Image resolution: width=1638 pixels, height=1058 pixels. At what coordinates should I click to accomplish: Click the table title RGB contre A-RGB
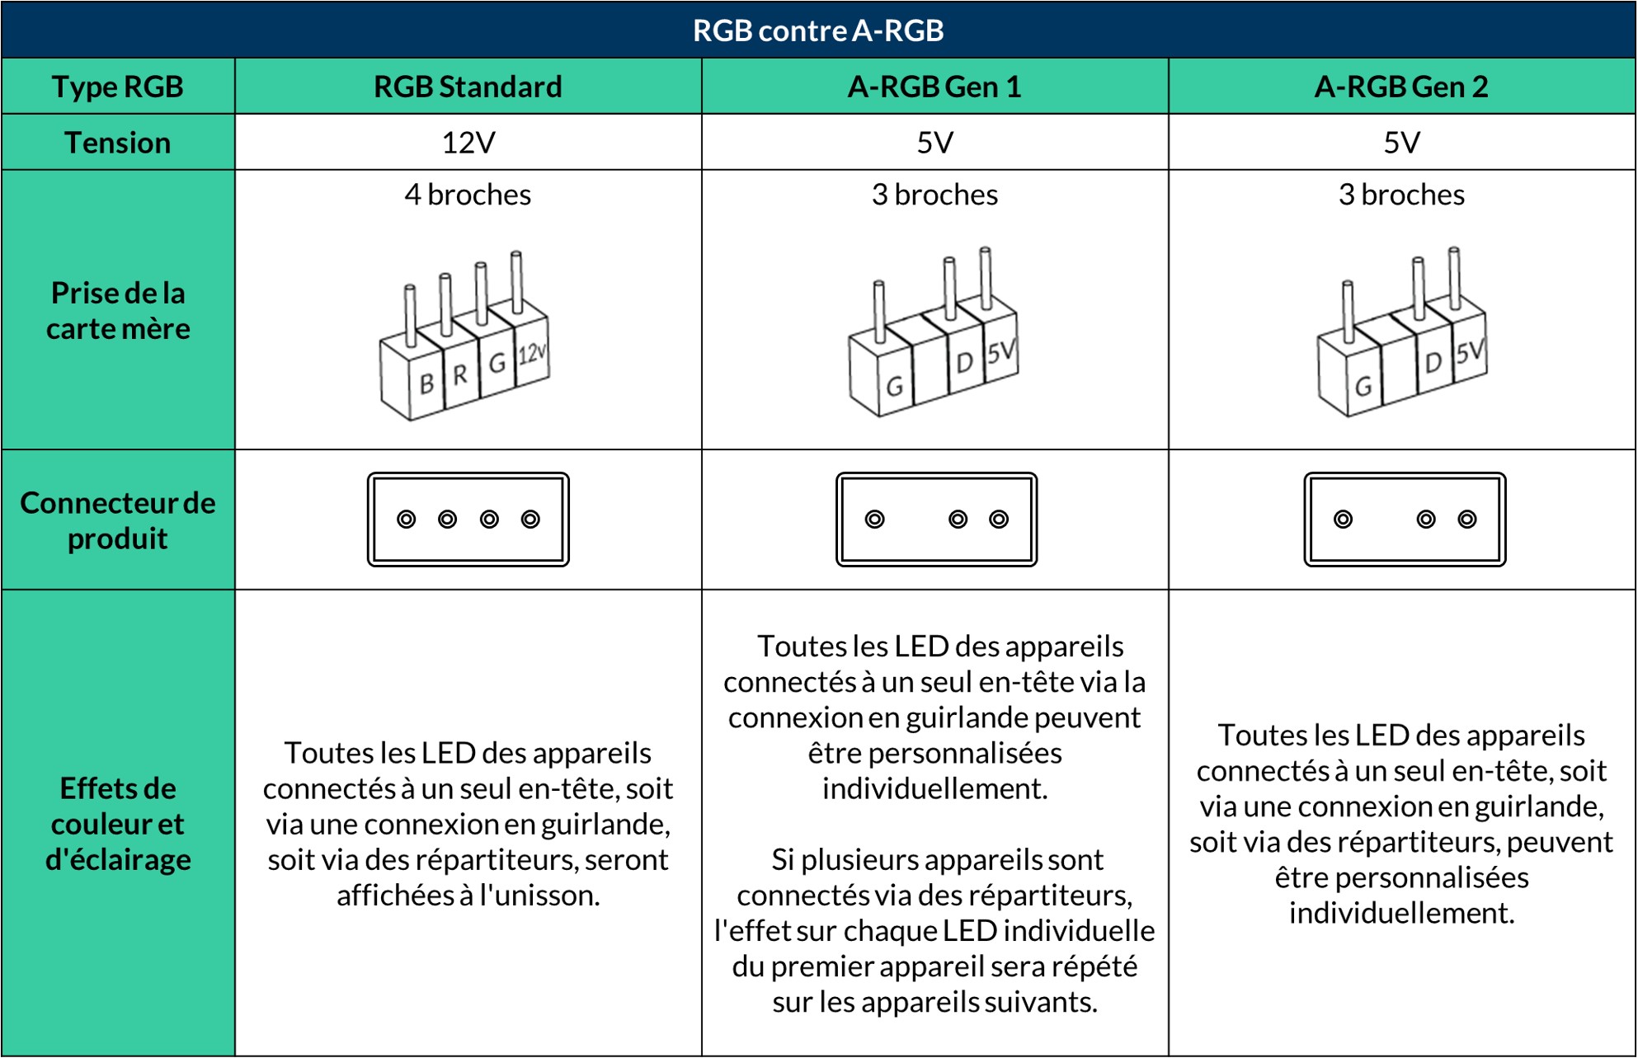pos(817,31)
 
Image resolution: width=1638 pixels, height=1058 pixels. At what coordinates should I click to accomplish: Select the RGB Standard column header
pos(468,87)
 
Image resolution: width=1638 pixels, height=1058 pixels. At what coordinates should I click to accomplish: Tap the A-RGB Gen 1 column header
pos(934,87)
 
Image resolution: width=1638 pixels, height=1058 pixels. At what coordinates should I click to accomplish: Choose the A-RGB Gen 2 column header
pos(1401,87)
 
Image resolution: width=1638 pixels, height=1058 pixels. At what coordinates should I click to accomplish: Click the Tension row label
pos(118,143)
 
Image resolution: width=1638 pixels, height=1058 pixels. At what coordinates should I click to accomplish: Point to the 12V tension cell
pos(468,143)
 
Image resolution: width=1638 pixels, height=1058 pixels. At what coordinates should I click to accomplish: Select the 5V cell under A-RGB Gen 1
pos(934,143)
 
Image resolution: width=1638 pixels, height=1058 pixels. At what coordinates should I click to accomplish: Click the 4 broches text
pos(468,195)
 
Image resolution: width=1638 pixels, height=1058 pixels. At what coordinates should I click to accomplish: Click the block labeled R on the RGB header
pos(460,375)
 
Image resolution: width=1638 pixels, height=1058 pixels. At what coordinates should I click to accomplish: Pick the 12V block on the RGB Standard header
pos(532,355)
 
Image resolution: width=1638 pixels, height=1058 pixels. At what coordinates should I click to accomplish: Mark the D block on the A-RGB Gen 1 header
pos(964,363)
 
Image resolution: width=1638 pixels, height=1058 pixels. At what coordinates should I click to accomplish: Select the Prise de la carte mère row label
pos(118,311)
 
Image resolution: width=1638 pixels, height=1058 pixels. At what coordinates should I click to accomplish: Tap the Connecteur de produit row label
pos(118,520)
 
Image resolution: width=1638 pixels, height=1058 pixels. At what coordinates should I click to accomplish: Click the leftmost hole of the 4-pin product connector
pos(406,520)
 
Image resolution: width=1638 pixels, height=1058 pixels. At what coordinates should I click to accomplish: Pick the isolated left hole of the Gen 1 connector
pos(874,520)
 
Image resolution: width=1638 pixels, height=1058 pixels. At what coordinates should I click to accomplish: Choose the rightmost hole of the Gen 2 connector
pos(1467,520)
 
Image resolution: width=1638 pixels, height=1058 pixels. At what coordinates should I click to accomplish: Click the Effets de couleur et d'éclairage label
pos(118,824)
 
